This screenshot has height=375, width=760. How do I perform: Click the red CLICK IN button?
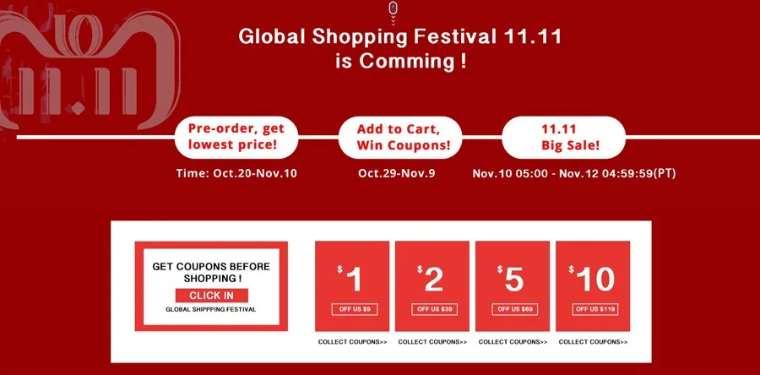pos(212,296)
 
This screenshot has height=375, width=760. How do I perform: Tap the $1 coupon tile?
pos(352,285)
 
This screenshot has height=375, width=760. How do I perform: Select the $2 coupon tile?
pos(432,285)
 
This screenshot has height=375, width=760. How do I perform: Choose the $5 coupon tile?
pos(513,285)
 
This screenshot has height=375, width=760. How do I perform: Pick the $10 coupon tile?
pos(593,285)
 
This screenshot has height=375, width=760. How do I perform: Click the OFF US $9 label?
pos(355,309)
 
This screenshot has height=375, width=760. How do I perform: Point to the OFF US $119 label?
pos(594,309)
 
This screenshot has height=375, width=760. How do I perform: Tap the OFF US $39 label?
pos(434,309)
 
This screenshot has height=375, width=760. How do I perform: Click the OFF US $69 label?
pos(515,309)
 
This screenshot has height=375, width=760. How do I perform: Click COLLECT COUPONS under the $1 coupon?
pos(352,342)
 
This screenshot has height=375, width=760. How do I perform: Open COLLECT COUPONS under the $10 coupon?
pos(593,342)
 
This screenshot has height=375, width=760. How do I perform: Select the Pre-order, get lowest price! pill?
pos(236,137)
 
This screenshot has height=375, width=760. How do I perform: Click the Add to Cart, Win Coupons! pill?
pos(400,137)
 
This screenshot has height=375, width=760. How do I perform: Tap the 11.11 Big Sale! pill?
pos(564,137)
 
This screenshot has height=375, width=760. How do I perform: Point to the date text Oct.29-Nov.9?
pos(397,173)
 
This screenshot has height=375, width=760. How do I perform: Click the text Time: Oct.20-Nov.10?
pos(236,173)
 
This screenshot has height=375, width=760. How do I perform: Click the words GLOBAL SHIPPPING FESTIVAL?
pos(211,309)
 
